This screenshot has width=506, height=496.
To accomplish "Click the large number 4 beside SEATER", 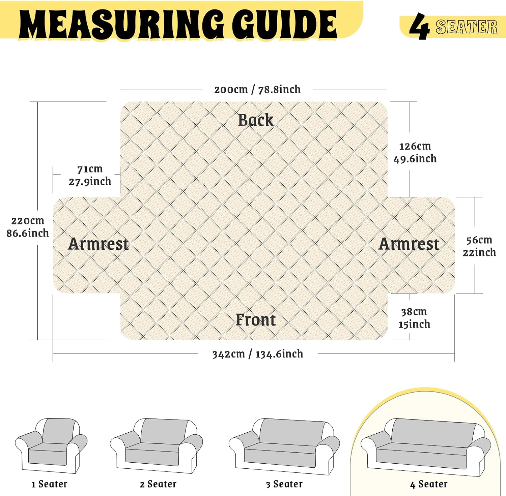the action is [x=419, y=26].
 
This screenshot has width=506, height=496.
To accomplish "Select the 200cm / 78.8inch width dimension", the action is [x=257, y=90].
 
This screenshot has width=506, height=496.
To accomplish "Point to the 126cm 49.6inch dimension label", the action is [x=415, y=152].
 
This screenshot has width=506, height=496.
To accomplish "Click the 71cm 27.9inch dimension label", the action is [x=90, y=175].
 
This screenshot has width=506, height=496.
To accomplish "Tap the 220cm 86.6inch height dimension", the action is [x=28, y=227].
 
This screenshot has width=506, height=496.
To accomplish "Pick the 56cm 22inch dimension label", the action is [x=479, y=246].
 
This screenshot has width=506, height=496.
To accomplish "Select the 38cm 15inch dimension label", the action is [x=414, y=318].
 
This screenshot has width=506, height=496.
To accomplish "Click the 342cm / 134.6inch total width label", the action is [x=258, y=354].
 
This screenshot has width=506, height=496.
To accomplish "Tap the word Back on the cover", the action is [x=256, y=120].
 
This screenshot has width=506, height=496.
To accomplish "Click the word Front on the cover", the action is [x=256, y=320].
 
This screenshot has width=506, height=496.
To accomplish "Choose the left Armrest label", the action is [x=99, y=244].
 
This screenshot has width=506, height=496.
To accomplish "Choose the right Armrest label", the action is [x=409, y=244].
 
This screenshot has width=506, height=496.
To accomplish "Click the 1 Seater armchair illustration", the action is [x=51, y=445].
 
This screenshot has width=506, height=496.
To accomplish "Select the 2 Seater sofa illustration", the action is [x=157, y=445].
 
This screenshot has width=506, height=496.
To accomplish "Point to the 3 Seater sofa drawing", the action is [x=284, y=446].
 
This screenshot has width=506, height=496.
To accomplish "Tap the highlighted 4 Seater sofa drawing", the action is [x=426, y=447].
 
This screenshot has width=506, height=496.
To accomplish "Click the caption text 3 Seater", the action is [x=284, y=484].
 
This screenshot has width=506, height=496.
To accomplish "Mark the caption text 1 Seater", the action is [x=49, y=484].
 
